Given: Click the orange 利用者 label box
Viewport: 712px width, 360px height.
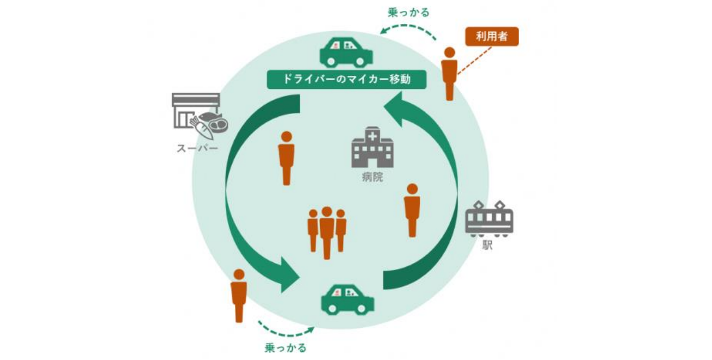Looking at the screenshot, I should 491,37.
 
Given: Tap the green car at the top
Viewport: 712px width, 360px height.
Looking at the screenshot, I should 346,52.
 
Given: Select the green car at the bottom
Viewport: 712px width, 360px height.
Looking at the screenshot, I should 347,299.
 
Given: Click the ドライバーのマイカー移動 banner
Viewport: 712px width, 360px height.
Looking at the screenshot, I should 346,80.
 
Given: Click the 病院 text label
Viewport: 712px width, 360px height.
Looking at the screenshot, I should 372,177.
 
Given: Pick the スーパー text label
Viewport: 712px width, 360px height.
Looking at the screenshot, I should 197,148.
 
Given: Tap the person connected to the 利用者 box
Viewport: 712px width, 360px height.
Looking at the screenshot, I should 449,74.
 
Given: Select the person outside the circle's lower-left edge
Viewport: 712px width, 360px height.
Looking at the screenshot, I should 239,295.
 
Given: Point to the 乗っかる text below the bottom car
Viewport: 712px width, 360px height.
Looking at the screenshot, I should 285,347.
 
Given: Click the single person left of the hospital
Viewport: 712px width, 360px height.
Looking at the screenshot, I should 286,158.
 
